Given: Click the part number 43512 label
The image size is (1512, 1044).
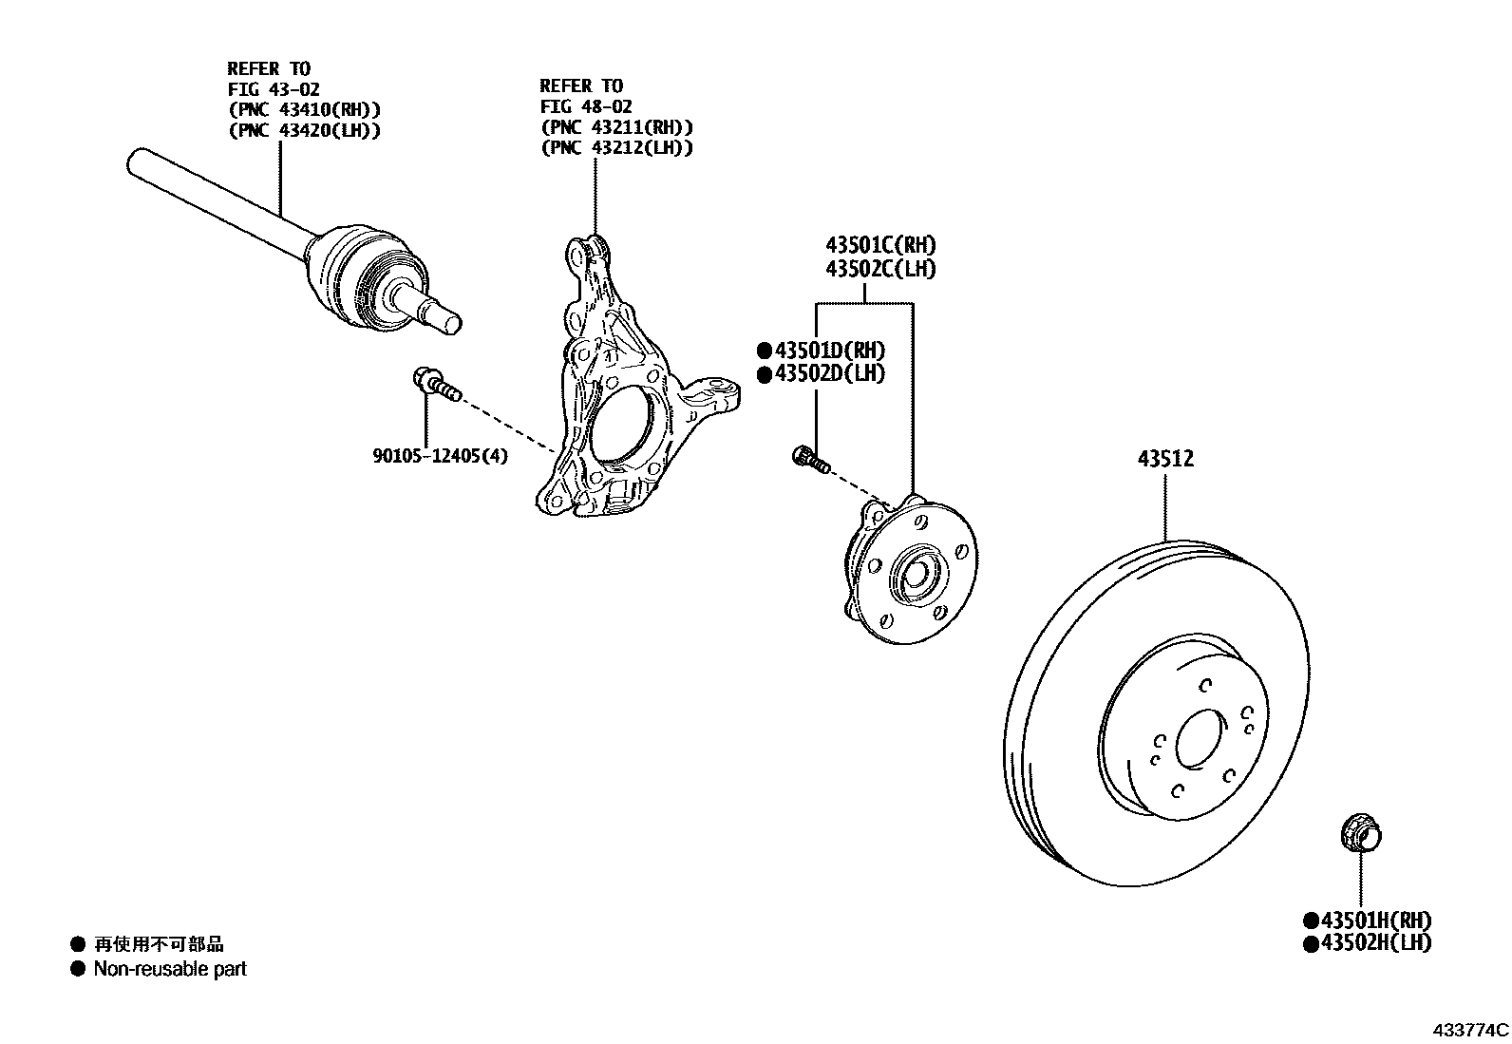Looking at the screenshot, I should click(1165, 459).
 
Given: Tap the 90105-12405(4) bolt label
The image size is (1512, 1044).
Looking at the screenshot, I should click(440, 456).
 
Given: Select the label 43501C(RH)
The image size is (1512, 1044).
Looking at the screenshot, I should click(880, 245).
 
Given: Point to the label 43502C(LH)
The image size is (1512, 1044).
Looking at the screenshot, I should click(880, 269).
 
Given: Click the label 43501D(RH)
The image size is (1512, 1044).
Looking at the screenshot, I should click(828, 350).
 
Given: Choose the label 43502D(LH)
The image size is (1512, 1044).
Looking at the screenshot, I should click(828, 373).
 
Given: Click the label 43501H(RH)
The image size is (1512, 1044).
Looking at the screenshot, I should click(1374, 920).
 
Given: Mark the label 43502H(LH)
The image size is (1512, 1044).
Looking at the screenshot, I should click(1374, 942).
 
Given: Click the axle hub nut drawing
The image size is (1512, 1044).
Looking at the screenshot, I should click(1361, 834).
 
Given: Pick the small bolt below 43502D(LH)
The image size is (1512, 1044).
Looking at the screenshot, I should click(809, 460).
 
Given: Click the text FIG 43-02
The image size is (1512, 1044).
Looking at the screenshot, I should click(274, 89).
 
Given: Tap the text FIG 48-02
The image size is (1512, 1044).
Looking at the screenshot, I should click(586, 106).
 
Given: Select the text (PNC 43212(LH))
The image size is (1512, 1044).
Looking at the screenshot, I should click(616, 147).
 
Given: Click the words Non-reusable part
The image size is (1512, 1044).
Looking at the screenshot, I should click(170, 969).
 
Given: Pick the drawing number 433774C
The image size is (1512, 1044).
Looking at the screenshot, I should click(1471, 1030).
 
